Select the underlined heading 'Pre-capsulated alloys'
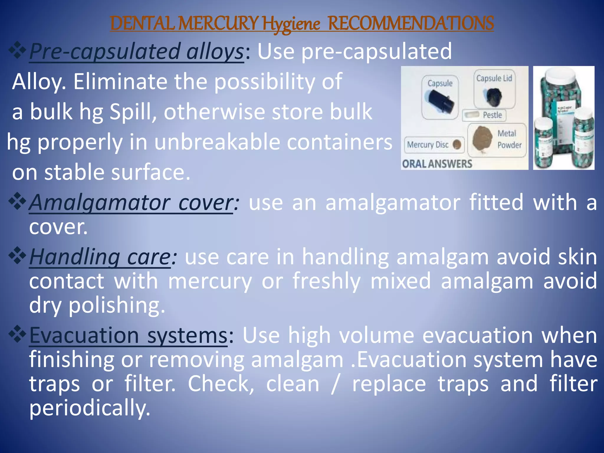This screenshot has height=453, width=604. pos(136,52)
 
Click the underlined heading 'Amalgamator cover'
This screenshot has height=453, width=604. pos(131,203)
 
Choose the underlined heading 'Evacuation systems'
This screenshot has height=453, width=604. pos(128,336)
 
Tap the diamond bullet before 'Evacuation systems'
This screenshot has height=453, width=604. pos(17,334)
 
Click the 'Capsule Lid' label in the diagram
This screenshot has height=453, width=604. pos(494,78)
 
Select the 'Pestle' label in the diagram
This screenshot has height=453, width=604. pos(492,115)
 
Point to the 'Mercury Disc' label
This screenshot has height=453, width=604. pos(428,145)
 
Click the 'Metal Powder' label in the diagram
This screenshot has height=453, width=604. pos(509,139)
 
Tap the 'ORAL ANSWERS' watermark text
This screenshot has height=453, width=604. pos(437,164)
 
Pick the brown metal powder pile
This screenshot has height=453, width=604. pos(482,139)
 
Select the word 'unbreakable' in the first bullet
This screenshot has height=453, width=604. pos(217,142)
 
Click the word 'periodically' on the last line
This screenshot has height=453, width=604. pos(90,408)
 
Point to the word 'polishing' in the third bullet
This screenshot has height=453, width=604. pos(116,305)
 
